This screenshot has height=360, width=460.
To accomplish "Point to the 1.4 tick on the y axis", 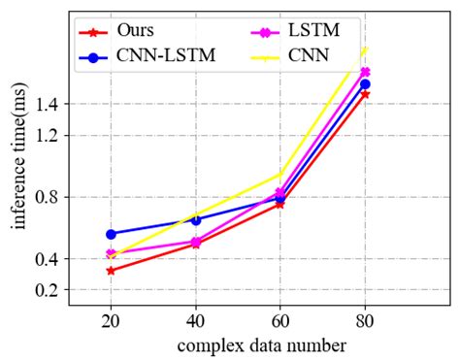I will coord(49,104).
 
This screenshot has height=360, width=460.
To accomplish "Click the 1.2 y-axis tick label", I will coord(49,136).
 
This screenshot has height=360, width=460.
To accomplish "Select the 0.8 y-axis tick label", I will coord(49,197).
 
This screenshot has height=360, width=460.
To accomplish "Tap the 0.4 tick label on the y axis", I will coord(49,259).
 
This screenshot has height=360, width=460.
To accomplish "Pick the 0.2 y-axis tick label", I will coord(49,290).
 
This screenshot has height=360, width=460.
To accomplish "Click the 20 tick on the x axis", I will coord(111,321).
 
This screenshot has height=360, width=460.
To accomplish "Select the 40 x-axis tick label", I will coord(195,321).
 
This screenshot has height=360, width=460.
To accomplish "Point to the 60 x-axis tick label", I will coord(279,321).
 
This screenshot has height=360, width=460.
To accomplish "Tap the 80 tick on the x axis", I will coord(364,321).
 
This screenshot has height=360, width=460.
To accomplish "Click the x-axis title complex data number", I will coord(261,344).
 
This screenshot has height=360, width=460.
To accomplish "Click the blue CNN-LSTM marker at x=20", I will coord(111,234).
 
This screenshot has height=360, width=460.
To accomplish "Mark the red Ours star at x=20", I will coord(111,270).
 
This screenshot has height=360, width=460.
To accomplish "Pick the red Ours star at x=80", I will coord(364,94).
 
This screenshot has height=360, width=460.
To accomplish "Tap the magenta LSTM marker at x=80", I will coord(364,72).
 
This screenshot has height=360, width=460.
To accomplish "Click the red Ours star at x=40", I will coord(195,244).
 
